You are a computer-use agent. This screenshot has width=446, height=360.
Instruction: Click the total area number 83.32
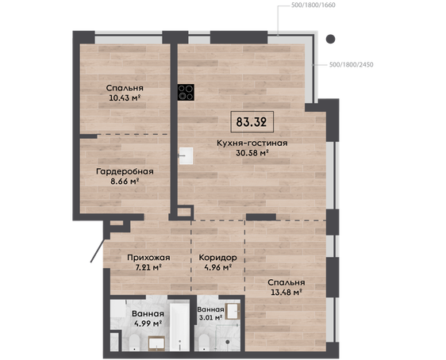point(252,122)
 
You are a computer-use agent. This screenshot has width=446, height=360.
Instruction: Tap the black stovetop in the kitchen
point(186,92)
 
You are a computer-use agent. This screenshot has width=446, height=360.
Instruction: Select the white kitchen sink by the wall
point(186,155)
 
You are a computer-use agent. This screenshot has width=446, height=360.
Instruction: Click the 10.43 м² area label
point(125,98)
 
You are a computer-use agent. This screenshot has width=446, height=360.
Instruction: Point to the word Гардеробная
point(125,171)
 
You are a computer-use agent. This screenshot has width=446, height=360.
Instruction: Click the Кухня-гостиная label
point(252,143)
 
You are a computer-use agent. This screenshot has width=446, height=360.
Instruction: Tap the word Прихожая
point(148,258)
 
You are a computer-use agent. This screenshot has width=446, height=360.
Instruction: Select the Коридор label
point(218,258)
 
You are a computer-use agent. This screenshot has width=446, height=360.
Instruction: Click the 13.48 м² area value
point(286,292)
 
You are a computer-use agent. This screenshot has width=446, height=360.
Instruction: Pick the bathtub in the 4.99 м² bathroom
point(179,327)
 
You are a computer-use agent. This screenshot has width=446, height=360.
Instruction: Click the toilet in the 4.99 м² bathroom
point(133,343)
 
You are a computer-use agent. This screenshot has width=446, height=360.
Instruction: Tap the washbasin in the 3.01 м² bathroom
point(233,311)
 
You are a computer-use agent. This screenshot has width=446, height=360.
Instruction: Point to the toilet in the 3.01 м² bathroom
point(203,343)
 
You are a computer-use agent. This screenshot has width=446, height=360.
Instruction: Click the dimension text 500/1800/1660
point(313,5)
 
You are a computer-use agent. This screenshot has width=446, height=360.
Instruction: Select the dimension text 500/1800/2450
point(352,65)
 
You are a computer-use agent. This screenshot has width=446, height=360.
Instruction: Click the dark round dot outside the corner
point(330,39)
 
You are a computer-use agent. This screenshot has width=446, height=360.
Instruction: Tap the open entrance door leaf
point(98,251)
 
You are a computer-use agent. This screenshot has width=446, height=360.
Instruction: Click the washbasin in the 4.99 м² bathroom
point(156,343)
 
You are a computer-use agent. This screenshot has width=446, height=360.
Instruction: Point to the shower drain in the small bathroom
point(228,342)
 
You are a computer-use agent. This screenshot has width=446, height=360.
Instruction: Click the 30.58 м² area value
point(252,153)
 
